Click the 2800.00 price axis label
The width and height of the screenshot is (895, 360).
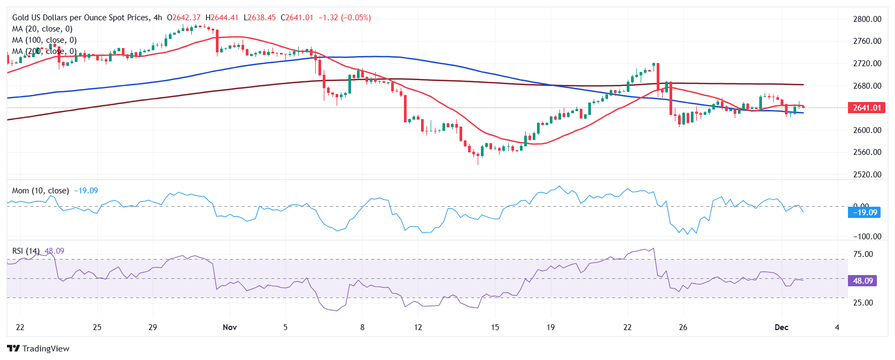(867, 19)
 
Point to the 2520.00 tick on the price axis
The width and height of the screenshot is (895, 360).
(867, 174)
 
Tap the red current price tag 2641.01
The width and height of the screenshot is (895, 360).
(866, 108)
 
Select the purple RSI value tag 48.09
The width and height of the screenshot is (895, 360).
(862, 280)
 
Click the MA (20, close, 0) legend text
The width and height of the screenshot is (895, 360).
(42, 29)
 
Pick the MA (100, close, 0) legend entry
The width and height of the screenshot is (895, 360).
(44, 40)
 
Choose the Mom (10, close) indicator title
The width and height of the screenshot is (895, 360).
(41, 191)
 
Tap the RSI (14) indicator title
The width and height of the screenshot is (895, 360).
(26, 251)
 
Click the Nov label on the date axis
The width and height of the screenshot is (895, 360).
(230, 327)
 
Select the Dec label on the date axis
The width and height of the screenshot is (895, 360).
(781, 327)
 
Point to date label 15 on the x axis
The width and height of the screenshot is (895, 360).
(495, 327)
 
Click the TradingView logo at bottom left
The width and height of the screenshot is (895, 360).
(38, 348)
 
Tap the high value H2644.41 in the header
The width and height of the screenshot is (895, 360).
(222, 18)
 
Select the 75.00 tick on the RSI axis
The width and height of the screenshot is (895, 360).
(863, 254)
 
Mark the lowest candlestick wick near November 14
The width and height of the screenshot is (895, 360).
(478, 163)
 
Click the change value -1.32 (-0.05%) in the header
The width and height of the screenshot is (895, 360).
(345, 18)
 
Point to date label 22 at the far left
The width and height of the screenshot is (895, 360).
(20, 327)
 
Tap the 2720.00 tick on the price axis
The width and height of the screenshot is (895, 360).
(867, 63)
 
